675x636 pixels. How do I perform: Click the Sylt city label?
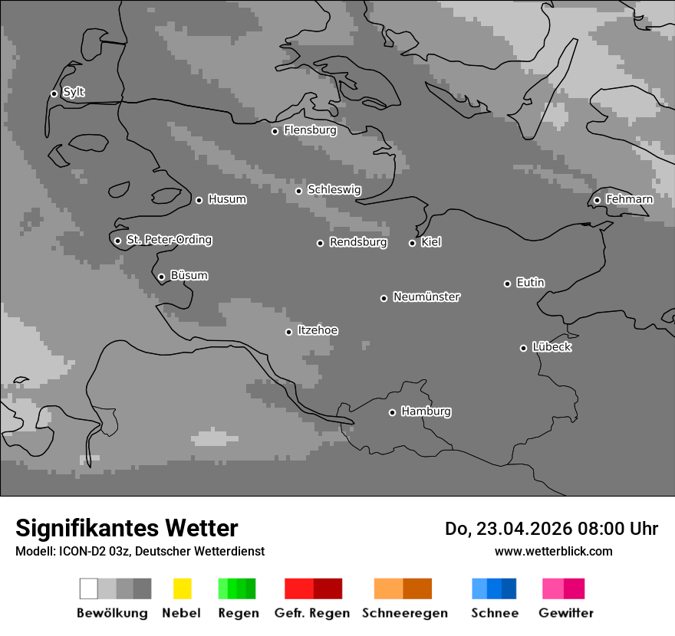tap(74, 93)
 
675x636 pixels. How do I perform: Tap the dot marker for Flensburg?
tap(275, 131)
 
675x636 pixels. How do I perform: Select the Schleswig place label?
tap(334, 190)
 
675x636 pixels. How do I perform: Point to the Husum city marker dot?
tap(199, 200)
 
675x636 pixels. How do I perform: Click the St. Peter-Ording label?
tap(169, 240)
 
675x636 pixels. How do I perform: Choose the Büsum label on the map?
tap(189, 276)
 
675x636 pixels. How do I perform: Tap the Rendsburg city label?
tap(357, 242)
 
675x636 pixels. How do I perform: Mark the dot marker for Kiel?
tap(412, 243)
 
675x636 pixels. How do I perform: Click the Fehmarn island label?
tap(629, 199)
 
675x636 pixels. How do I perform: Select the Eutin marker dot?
tap(507, 284)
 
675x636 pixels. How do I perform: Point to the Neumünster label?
tap(426, 297)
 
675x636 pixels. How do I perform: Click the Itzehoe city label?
tap(318, 330)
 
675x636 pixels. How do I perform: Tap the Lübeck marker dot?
tap(523, 348)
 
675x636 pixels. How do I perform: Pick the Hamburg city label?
tap(426, 411)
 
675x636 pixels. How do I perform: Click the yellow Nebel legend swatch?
tap(182, 588)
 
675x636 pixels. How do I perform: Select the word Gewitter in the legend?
tap(566, 613)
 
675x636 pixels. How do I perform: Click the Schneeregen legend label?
tap(404, 613)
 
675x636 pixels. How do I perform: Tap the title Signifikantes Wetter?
tap(127, 528)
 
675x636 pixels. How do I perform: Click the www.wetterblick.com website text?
tap(553, 551)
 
